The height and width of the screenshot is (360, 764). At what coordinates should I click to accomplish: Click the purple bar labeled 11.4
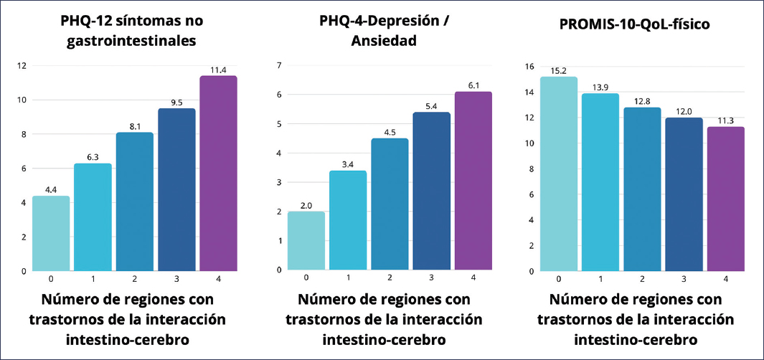(218, 174)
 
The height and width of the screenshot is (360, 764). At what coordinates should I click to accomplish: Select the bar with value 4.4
(51, 233)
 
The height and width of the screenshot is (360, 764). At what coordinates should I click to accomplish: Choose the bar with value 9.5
(176, 189)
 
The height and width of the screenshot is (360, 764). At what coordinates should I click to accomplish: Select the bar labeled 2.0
(306, 240)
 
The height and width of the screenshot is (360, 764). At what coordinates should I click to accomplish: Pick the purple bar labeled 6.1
(473, 181)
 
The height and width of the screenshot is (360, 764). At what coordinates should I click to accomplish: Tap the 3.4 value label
(347, 164)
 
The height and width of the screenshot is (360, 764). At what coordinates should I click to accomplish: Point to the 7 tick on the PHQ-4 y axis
(279, 66)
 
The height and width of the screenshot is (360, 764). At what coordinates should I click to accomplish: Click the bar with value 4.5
(390, 204)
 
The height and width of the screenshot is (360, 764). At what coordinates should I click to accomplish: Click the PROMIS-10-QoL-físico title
(634, 24)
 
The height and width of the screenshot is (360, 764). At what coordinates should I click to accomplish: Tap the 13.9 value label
(600, 87)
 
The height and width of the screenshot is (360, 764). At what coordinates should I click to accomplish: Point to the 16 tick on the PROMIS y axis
(529, 67)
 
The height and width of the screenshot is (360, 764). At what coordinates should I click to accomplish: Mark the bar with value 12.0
(684, 194)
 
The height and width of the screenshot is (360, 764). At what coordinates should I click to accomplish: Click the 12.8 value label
(643, 101)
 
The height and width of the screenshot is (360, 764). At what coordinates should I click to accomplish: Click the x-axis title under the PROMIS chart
(634, 318)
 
